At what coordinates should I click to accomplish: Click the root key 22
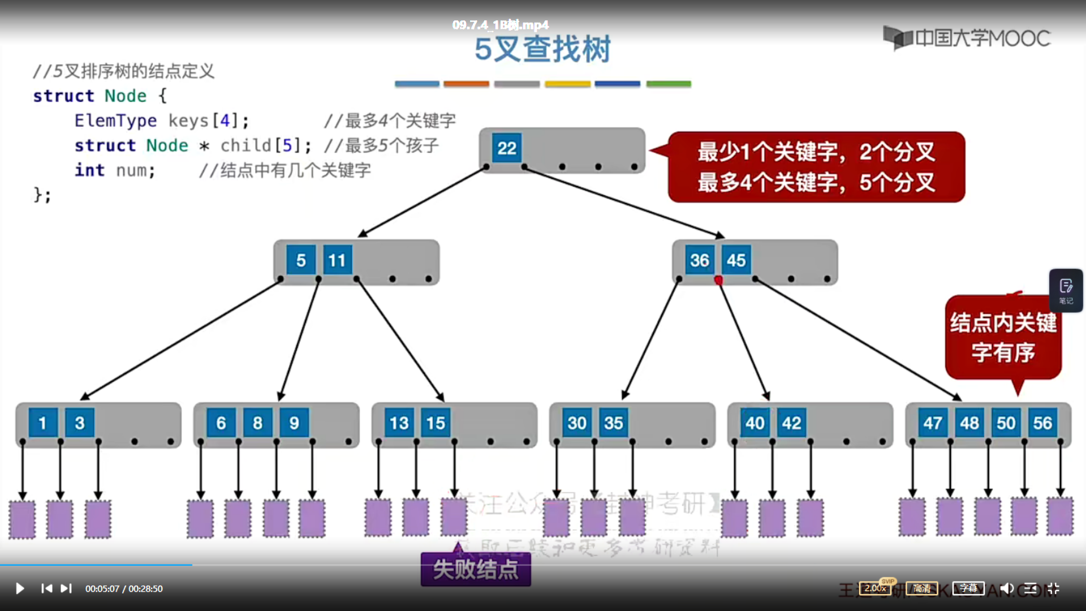[x=506, y=148]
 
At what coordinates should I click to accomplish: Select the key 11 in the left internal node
[x=337, y=260]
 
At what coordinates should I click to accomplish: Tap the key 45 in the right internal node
[x=736, y=260]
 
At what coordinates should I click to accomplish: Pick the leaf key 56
[x=1042, y=423]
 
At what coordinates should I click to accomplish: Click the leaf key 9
[x=294, y=423]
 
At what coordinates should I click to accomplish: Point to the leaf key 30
[x=577, y=423]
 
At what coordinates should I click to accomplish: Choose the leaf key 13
[x=399, y=423]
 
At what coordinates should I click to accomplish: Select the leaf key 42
[x=791, y=423]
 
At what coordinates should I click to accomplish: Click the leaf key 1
[x=42, y=423]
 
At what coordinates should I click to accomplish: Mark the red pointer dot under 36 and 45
[x=718, y=280]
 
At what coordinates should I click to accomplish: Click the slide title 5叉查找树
[x=542, y=49]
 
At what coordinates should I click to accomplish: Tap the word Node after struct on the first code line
[x=126, y=96]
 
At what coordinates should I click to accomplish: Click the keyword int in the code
[x=89, y=170]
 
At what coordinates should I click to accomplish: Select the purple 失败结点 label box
[x=476, y=569]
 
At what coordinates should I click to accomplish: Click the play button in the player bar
[x=20, y=588]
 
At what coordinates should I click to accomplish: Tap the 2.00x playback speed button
[x=875, y=588]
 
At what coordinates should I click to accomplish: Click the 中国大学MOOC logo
[x=967, y=38]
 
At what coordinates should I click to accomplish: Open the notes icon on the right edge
[x=1066, y=290]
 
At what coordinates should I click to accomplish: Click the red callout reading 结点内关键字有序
[x=1003, y=337]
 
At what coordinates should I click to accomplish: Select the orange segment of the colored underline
[x=466, y=84]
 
